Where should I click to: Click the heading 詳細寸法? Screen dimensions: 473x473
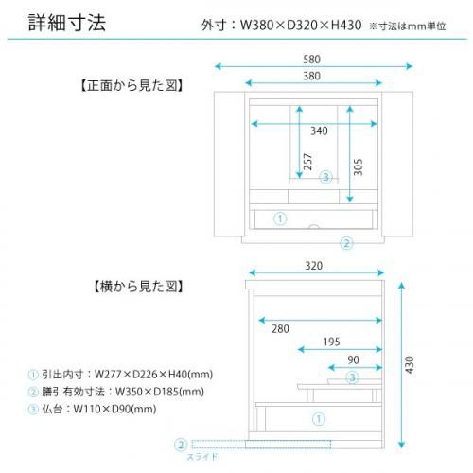[67, 23]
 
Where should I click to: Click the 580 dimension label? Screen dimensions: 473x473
[311, 60]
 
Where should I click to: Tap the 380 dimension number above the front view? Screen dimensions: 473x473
[311, 76]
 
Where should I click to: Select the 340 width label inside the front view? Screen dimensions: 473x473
[319, 131]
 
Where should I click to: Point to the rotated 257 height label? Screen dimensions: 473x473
[307, 162]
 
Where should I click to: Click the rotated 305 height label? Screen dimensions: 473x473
[358, 167]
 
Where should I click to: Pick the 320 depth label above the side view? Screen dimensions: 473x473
[314, 266]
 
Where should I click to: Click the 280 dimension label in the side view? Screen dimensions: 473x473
[280, 329]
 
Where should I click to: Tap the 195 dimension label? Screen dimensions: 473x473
[331, 342]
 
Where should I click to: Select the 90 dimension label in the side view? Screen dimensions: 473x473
[353, 360]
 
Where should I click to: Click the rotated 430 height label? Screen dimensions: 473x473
[410, 365]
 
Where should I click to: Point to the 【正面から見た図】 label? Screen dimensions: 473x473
[132, 85]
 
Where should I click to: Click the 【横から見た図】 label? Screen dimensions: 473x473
[138, 287]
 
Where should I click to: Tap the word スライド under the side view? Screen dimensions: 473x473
[202, 457]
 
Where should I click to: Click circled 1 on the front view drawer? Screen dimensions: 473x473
[280, 219]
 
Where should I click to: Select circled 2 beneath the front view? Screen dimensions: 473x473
[346, 243]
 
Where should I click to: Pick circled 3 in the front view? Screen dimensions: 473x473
[326, 177]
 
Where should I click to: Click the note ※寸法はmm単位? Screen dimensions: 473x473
[407, 26]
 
